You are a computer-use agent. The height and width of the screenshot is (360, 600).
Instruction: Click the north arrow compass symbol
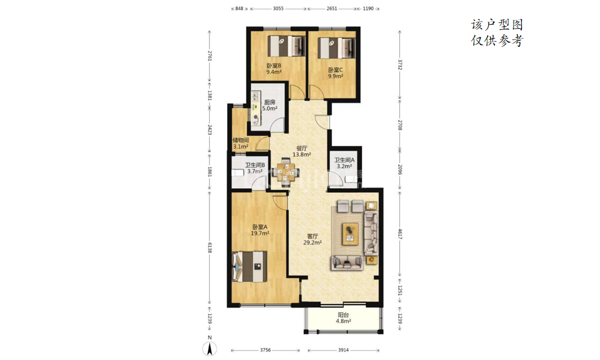(210, 348)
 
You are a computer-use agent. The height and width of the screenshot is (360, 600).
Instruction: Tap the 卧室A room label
(260, 230)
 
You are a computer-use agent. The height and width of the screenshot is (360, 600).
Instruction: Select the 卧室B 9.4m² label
(274, 69)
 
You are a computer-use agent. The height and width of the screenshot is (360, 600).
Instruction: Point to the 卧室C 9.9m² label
(335, 73)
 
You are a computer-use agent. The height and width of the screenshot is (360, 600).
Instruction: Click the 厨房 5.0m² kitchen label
(270, 105)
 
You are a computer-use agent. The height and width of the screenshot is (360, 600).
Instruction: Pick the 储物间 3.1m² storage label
(241, 143)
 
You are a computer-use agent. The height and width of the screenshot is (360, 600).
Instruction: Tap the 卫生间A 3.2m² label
(344, 163)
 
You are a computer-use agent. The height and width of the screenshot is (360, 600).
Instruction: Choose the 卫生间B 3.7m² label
(255, 168)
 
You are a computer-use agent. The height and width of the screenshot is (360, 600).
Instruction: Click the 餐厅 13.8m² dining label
(302, 151)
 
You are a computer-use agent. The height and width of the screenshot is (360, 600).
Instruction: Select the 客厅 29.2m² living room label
(312, 239)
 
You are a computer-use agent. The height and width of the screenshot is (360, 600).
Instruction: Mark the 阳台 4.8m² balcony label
(343, 318)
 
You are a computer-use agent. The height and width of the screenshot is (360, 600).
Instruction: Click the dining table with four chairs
(286, 171)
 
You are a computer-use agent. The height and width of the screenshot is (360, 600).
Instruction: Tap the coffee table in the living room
(350, 233)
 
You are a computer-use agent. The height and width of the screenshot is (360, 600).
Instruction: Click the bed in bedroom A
(249, 267)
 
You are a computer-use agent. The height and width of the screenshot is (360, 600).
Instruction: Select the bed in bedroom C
(336, 48)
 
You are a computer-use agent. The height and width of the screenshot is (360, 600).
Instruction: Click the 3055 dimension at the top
(278, 8)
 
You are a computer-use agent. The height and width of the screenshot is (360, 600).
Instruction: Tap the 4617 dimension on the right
(400, 234)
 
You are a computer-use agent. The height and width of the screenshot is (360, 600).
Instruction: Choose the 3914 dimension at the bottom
(343, 350)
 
